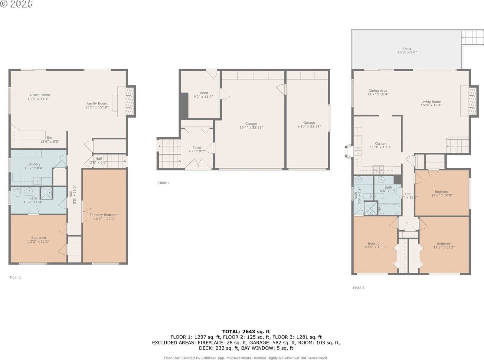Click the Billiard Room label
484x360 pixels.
(x=39, y=95)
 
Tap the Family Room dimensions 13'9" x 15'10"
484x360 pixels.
(x=96, y=107)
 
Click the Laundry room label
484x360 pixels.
(x=34, y=164)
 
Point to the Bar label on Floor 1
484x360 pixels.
(x=50, y=138)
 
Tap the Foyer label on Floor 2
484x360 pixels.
(x=197, y=148)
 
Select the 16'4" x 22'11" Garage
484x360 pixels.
(x=251, y=125)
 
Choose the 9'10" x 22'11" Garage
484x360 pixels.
(x=309, y=125)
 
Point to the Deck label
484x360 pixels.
(x=407, y=49)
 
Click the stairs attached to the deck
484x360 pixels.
(x=473, y=37)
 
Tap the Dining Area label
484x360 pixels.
(x=378, y=91)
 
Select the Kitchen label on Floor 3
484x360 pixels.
(x=380, y=144)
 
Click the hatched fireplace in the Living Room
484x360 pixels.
(x=473, y=101)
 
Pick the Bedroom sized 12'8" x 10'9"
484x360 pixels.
(x=442, y=193)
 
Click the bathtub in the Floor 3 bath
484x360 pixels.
(x=389, y=209)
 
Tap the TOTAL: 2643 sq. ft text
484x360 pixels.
(x=246, y=332)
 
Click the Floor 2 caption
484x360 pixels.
(x=164, y=183)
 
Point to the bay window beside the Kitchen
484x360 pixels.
(x=348, y=152)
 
